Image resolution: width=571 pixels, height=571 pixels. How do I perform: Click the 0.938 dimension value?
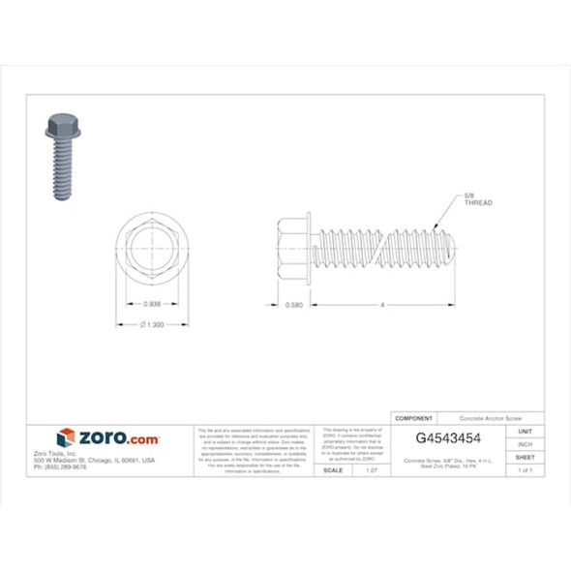click(x=152, y=304)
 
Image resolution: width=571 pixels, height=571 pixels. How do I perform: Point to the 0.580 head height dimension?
click(x=295, y=304)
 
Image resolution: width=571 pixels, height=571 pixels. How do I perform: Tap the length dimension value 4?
click(x=383, y=304)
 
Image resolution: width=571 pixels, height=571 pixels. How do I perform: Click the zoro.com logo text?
click(x=117, y=438)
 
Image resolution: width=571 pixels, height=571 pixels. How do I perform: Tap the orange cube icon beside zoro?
click(x=66, y=437)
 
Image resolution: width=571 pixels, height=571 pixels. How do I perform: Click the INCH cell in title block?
click(x=525, y=443)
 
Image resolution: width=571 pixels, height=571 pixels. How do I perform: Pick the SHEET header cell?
click(x=525, y=456)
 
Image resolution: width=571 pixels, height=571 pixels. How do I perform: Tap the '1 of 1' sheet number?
click(x=525, y=469)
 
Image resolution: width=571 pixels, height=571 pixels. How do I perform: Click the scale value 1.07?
click(x=371, y=469)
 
